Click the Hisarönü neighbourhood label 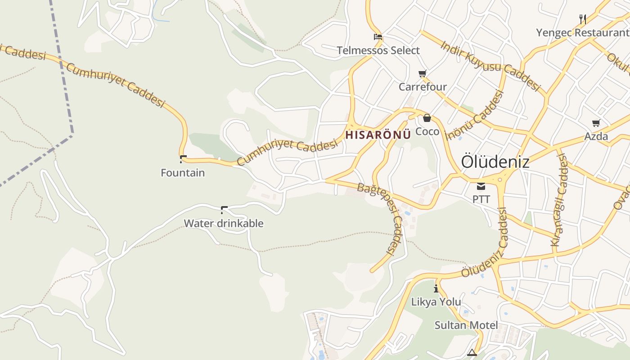[378, 135]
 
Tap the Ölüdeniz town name [495, 162]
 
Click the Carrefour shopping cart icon [422, 73]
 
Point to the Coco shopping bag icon [427, 118]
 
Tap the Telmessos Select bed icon [378, 37]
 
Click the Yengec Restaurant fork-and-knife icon [583, 19]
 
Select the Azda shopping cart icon [596, 123]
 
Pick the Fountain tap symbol [183, 159]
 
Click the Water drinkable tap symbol [223, 210]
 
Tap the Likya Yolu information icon [436, 288]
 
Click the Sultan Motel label [466, 325]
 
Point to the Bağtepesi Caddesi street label [379, 218]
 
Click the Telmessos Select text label [378, 50]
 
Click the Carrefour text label [422, 86]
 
